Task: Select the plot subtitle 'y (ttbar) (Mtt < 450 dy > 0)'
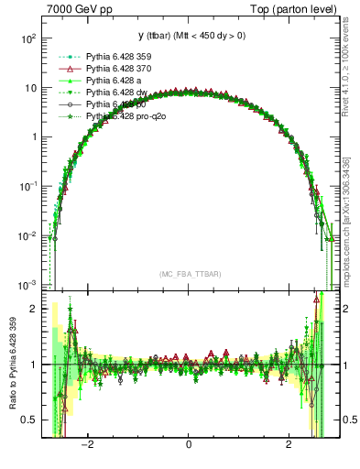pyautogui.click(x=188, y=36)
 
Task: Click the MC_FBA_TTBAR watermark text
pyautogui.click(x=188, y=274)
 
